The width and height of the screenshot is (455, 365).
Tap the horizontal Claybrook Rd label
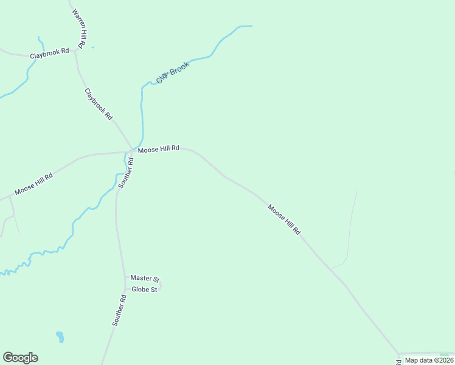[x=49, y=52]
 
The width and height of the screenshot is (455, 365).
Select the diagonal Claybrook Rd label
[x=99, y=103]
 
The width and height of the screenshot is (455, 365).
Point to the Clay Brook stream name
[x=173, y=73]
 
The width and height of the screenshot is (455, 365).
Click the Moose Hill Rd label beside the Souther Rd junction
[x=158, y=148]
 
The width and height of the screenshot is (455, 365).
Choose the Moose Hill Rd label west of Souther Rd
[x=33, y=184]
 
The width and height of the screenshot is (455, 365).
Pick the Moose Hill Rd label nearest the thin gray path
[x=284, y=220]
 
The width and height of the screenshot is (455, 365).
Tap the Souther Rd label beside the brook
[x=126, y=173]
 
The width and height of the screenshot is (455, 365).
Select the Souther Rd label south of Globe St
[x=119, y=310]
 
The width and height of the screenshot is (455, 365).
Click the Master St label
[x=144, y=279]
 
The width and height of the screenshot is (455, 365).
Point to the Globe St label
[x=145, y=290]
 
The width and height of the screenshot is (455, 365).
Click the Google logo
[x=20, y=358]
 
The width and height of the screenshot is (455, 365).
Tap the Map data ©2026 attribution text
[x=428, y=360]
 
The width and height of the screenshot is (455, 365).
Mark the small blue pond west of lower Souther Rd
[x=60, y=336]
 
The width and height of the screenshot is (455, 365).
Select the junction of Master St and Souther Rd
[x=125, y=278]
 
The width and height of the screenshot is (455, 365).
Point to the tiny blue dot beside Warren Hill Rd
[x=92, y=47]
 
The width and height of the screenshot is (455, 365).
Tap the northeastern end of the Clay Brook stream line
[x=250, y=26]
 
